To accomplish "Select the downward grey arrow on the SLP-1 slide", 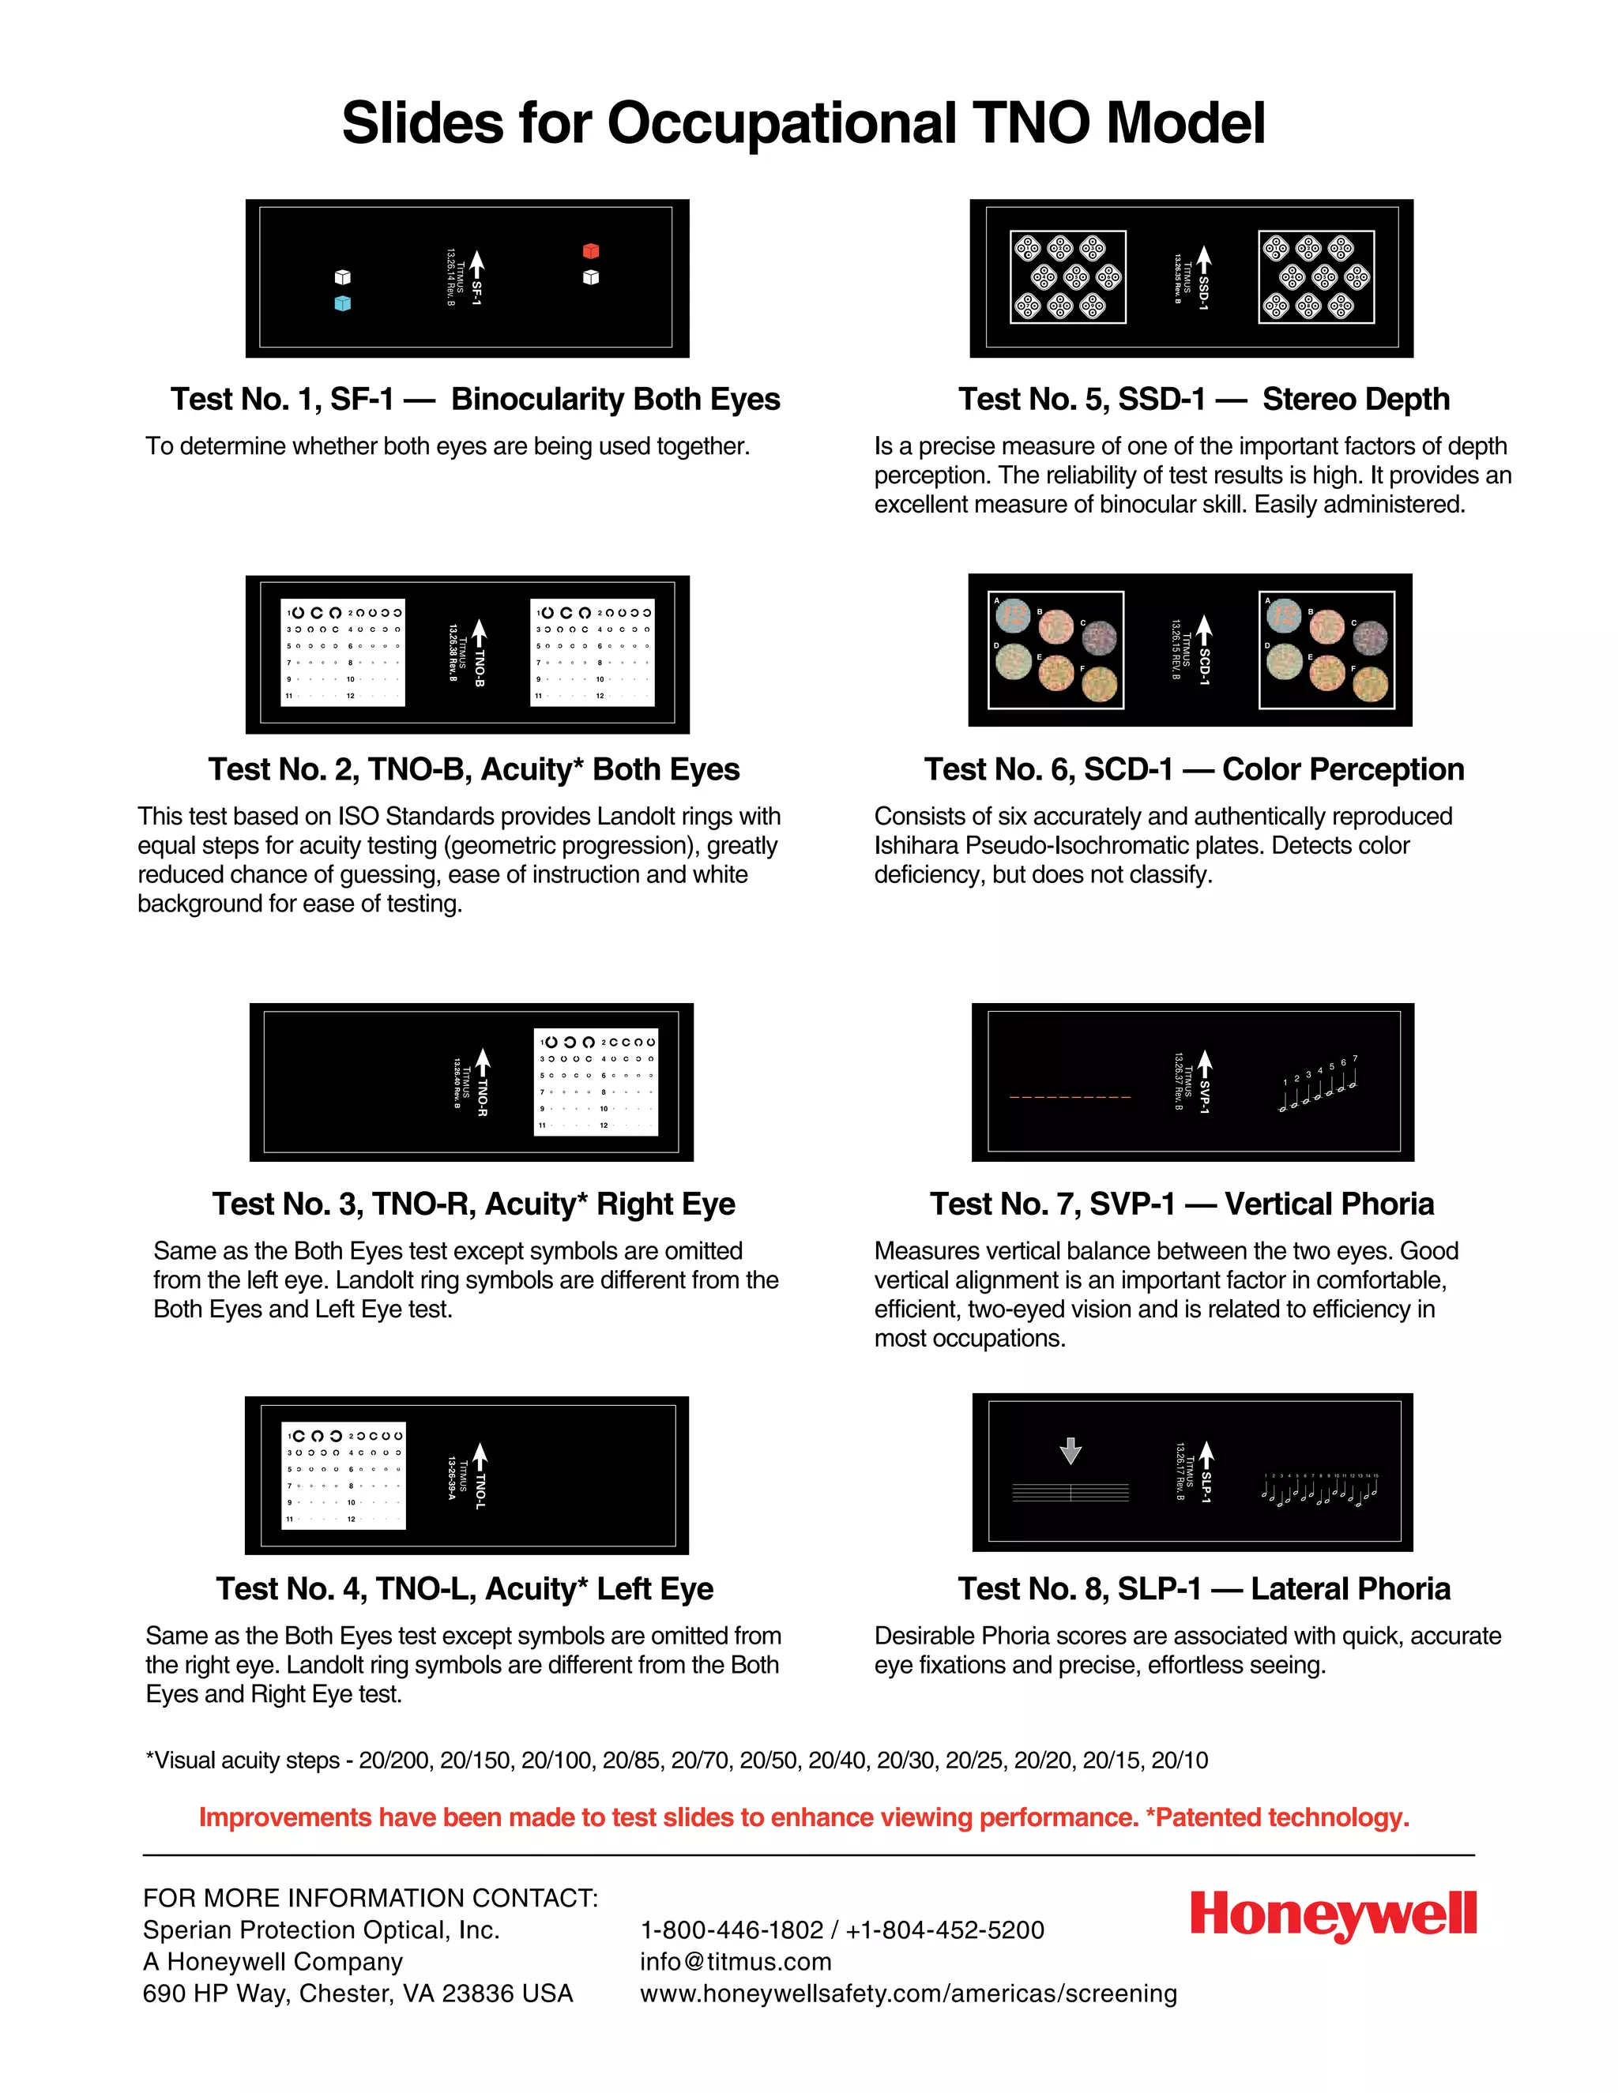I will click(x=1071, y=1451).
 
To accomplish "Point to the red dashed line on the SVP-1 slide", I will click(x=1070, y=1096).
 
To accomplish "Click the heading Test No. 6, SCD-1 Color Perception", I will click(x=1194, y=769).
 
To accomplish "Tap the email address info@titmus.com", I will click(x=736, y=1962).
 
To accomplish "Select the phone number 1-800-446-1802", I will click(x=732, y=1930).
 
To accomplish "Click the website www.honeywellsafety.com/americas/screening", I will click(x=908, y=1993).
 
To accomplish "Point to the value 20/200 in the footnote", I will click(x=395, y=1760).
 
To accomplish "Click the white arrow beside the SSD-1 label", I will click(x=1204, y=259).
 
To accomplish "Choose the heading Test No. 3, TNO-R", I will click(x=473, y=1204).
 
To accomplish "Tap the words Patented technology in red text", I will click(x=1282, y=1817).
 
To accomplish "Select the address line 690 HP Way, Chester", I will click(x=358, y=1993).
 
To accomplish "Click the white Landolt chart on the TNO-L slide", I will click(x=344, y=1476).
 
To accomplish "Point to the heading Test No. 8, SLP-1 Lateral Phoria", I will click(x=1203, y=1589).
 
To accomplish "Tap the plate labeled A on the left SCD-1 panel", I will click(x=1012, y=616).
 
